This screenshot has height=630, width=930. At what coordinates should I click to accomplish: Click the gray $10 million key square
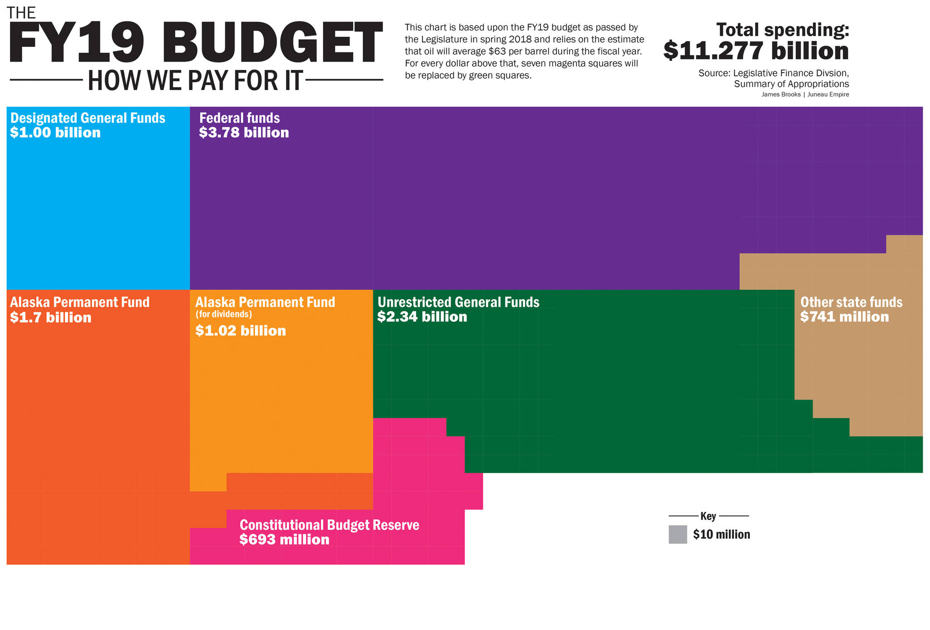click(678, 534)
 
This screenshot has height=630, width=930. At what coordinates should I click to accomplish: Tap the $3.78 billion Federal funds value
click(244, 133)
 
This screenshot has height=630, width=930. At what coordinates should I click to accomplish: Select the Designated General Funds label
click(88, 118)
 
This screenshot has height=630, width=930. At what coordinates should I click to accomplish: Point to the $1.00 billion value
click(55, 133)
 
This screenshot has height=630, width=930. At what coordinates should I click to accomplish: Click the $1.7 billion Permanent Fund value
click(51, 317)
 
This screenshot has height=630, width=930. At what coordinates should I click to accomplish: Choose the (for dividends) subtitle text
click(223, 314)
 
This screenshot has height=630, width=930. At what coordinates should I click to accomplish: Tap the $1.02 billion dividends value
click(241, 330)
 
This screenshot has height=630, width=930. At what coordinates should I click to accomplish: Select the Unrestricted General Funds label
click(458, 302)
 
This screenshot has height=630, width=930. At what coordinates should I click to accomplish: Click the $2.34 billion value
click(422, 316)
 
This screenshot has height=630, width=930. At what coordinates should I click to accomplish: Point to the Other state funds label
click(851, 302)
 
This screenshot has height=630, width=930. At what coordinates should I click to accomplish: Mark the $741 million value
click(845, 316)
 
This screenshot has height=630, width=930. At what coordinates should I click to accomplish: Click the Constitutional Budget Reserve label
click(329, 525)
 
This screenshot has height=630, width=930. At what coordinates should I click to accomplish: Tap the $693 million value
click(284, 539)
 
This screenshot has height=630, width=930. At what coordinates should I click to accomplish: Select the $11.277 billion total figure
click(756, 51)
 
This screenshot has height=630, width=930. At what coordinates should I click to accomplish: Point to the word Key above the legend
click(708, 516)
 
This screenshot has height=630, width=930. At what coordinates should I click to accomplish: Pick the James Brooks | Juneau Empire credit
click(805, 94)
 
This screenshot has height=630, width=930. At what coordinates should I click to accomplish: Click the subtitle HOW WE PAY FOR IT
click(195, 80)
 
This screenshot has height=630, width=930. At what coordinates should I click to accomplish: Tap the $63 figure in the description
click(496, 51)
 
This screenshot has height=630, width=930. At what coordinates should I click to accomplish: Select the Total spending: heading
click(782, 30)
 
